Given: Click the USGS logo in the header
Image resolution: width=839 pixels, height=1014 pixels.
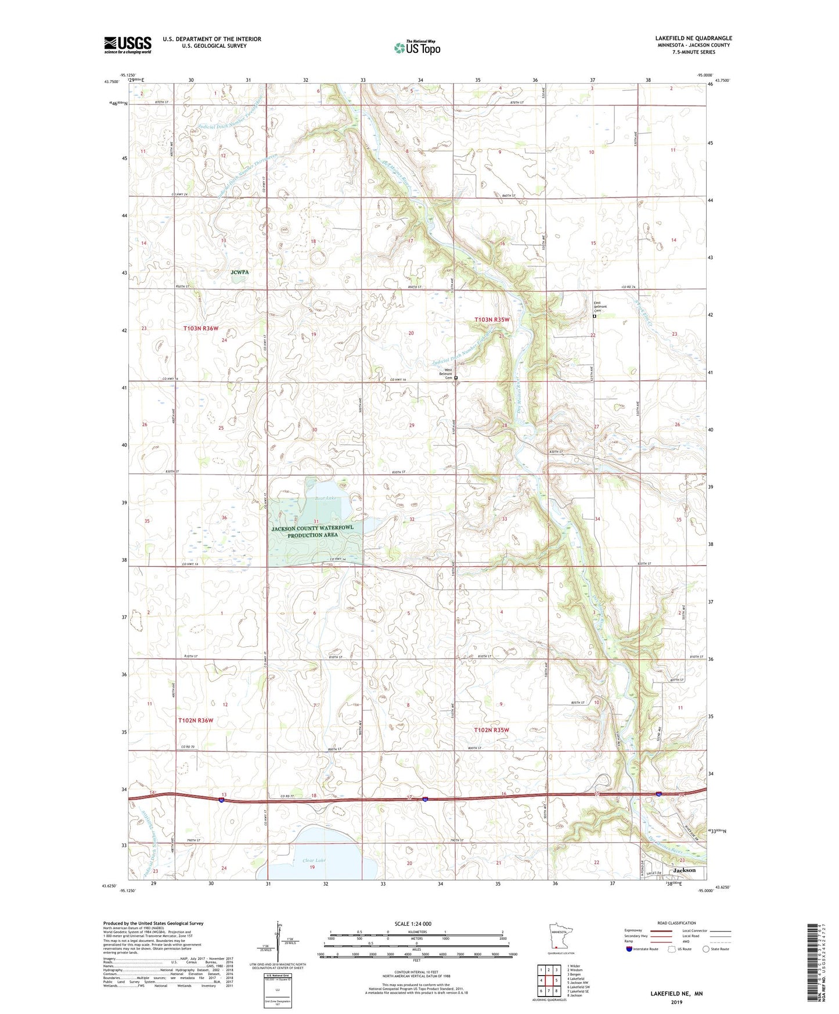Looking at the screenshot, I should pyautogui.click(x=127, y=45).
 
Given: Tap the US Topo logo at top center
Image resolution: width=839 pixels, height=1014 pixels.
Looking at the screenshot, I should pyautogui.click(x=417, y=48).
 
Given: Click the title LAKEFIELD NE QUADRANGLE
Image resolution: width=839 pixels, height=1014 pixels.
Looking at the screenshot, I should pyautogui.click(x=693, y=38).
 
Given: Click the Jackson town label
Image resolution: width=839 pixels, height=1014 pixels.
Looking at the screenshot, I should pyautogui.click(x=684, y=870).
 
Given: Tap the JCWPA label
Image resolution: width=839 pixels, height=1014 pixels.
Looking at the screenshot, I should pyautogui.click(x=240, y=271).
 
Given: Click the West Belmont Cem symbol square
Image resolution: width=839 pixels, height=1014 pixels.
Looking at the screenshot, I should pyautogui.click(x=456, y=378).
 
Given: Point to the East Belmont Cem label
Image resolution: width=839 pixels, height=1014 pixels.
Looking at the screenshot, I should pyautogui.click(x=600, y=306).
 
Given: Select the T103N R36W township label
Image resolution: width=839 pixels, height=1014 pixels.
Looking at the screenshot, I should pyautogui.click(x=201, y=328).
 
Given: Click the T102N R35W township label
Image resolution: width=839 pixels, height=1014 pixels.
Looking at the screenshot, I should pyautogui.click(x=491, y=730).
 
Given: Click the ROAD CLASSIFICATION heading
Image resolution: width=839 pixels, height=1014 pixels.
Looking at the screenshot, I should pyautogui.click(x=677, y=923).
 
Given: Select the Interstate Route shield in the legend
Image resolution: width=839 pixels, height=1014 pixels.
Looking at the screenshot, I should pyautogui.click(x=629, y=949).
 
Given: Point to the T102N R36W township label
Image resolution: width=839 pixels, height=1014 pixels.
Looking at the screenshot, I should pyautogui.click(x=196, y=720).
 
